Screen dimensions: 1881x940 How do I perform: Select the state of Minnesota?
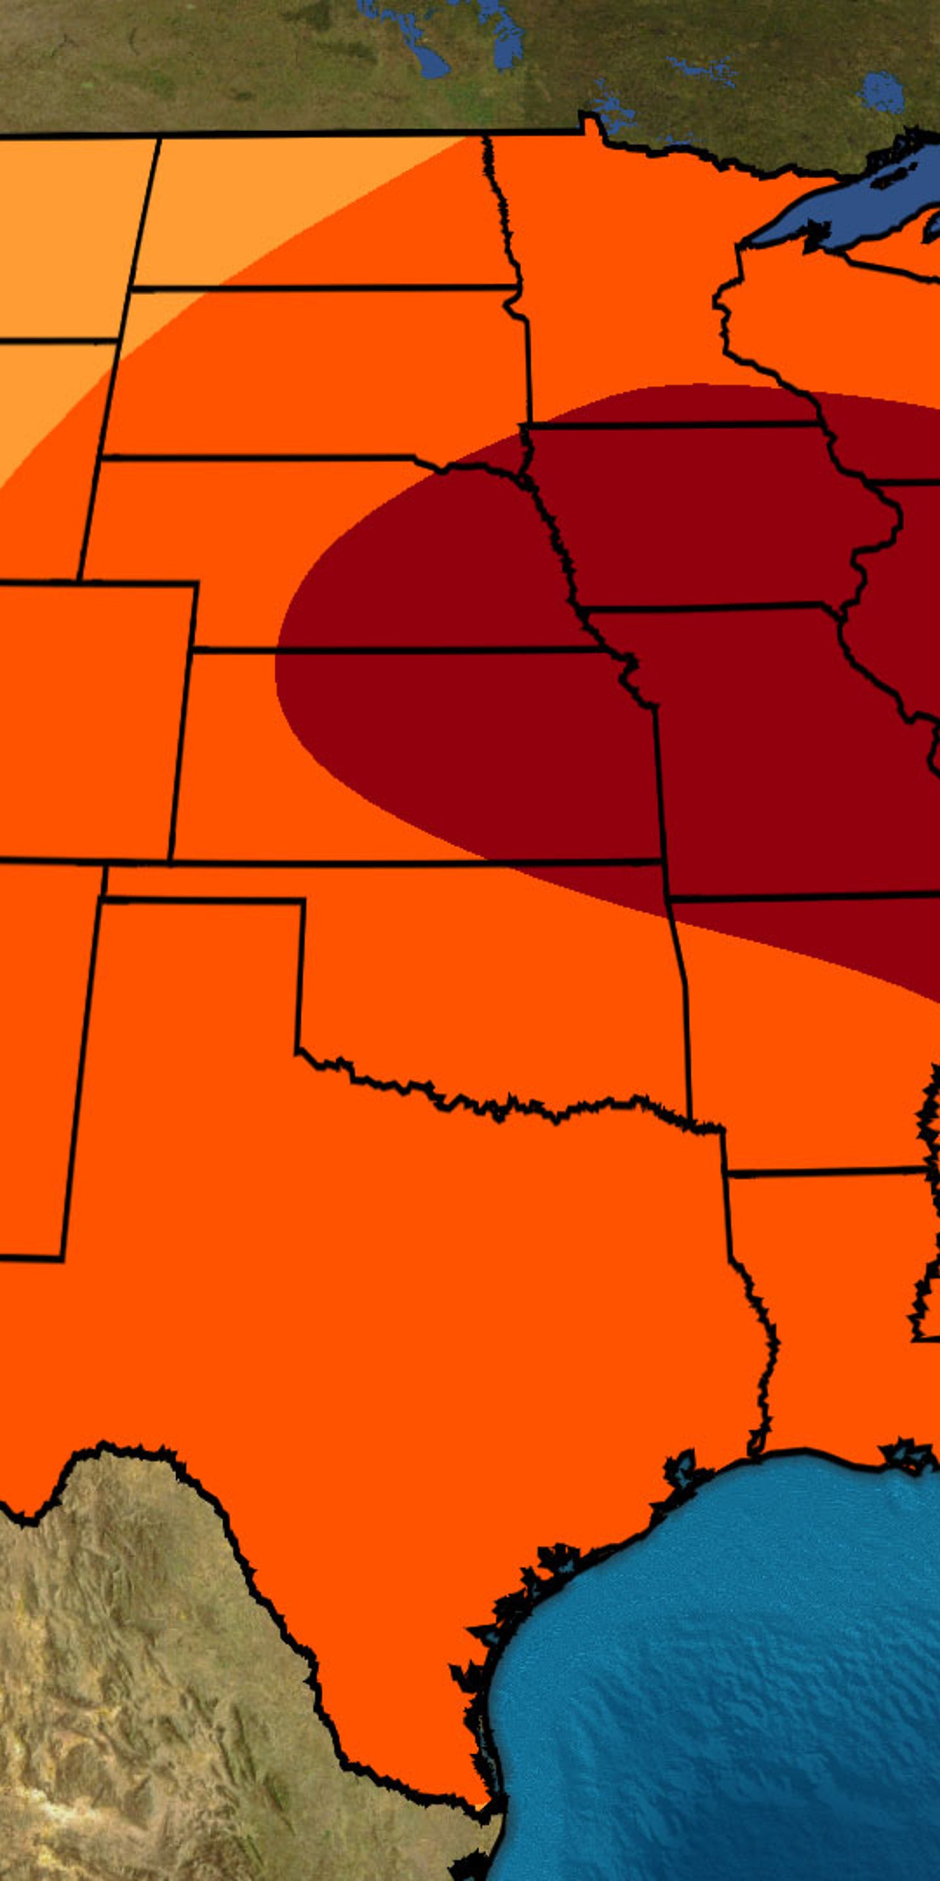click(x=620, y=278)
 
